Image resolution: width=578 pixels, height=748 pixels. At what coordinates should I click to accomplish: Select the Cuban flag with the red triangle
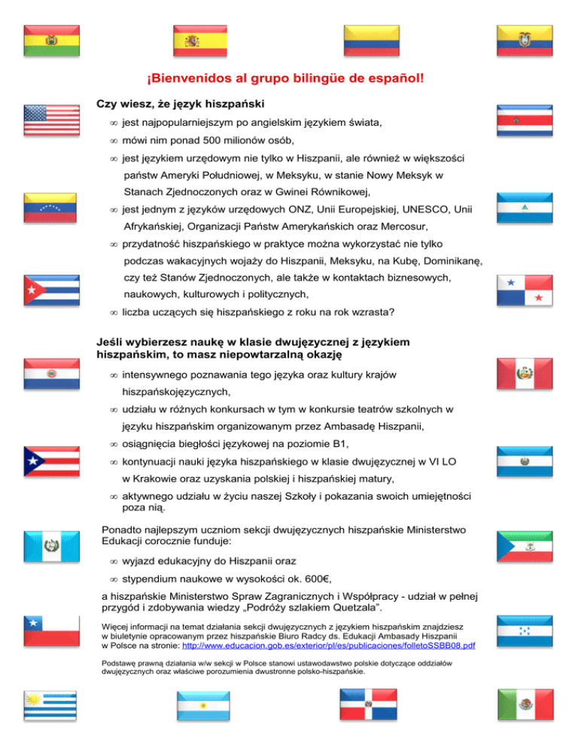[x=50, y=290]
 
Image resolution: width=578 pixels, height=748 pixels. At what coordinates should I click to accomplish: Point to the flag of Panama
[x=525, y=290]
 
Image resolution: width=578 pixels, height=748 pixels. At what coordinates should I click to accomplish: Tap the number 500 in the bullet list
[x=198, y=140]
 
